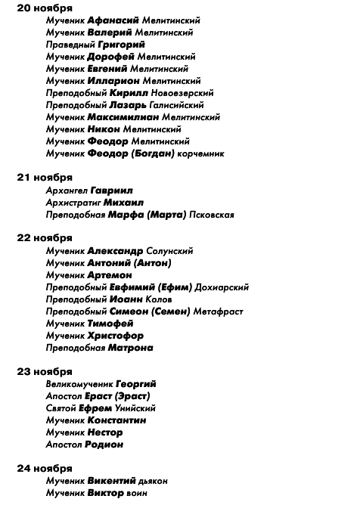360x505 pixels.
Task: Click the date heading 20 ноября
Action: click(45, 8)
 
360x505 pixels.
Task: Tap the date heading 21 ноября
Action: click(45, 178)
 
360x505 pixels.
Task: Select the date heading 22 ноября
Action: click(45, 238)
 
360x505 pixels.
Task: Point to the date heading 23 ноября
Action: click(45, 371)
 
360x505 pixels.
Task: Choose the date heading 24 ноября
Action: click(45, 468)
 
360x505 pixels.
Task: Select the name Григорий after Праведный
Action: click(119, 45)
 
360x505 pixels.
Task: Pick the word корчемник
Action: click(200, 153)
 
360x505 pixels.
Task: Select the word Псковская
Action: click(211, 214)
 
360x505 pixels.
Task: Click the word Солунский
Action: click(169, 250)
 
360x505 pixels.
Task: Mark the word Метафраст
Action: click(219, 311)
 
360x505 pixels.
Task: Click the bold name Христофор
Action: click(115, 335)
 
